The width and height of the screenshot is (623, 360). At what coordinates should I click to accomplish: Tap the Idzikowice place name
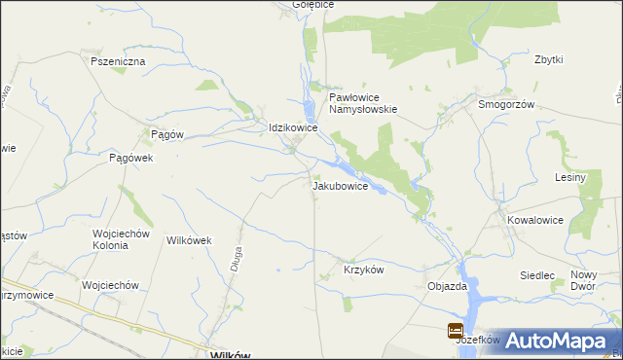pos(293,127)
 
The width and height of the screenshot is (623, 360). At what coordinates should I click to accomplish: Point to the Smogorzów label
pos(506,104)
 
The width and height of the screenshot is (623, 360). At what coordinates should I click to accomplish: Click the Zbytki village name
pos(548,59)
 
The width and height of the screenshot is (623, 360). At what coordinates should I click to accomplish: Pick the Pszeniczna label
pos(118,61)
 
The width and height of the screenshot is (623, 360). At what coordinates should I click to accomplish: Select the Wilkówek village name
pos(191,239)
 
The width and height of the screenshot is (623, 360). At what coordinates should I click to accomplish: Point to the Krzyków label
pos(364,270)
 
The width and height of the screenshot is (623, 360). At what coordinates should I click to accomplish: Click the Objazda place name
pos(448,287)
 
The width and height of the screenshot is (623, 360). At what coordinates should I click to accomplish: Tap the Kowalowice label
pos(535,220)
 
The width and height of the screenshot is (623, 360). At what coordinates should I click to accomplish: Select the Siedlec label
pos(536,276)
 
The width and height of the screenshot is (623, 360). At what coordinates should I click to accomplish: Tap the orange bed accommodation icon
pos(456,331)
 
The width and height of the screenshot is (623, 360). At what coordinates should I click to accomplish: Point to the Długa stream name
pos(236,263)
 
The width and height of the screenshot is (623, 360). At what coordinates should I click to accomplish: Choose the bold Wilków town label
pos(232,355)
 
